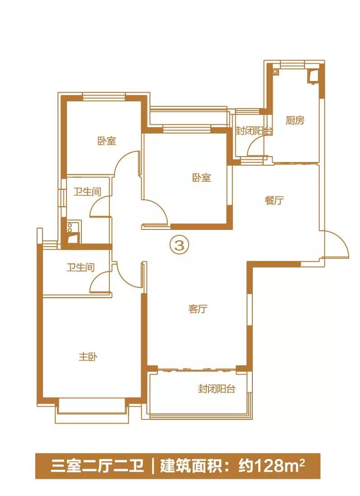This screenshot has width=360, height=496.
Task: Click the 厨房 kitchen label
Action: [295, 120]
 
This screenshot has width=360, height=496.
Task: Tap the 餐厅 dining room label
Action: [274, 200]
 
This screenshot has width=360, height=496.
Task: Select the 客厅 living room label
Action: [198, 309]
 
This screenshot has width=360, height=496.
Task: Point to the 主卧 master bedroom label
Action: [88, 357]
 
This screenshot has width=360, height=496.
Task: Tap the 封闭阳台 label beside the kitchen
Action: [255, 131]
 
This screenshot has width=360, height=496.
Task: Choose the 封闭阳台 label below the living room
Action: [217, 388]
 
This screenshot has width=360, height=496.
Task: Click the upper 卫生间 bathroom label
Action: [87, 192]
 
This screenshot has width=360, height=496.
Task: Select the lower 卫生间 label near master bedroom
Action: [81, 267]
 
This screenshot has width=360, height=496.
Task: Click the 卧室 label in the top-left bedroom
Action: [107, 141]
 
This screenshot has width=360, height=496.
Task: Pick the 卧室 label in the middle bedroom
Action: [202, 178]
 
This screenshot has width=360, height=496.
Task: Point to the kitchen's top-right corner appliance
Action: [313, 76]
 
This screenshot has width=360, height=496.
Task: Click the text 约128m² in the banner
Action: [271, 466]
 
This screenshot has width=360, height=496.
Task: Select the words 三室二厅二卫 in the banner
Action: [97, 467]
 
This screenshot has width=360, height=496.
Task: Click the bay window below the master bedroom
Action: [92, 410]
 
